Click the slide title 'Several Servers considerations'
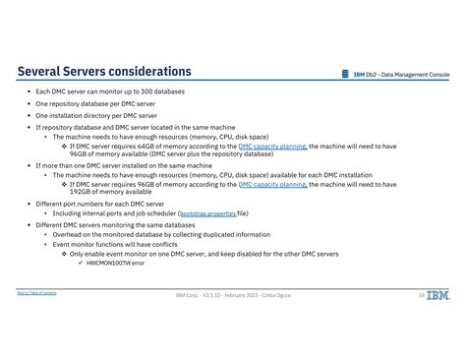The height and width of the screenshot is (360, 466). coord(104,72)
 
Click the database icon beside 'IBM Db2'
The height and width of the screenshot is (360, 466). coord(345,74)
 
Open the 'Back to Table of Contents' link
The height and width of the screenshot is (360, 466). coord(36,293)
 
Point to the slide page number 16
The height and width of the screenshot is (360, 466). coord(421,295)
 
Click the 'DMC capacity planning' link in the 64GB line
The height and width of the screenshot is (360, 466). coord(272,147)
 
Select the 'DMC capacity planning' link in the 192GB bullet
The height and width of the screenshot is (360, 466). coord(272,184)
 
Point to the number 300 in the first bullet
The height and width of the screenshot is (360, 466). coord(137,91)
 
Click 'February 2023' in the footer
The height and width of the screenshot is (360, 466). coord(241,295)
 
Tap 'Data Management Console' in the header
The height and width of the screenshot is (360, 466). coord(415,74)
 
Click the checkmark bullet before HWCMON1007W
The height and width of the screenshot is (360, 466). coord(80,263)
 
